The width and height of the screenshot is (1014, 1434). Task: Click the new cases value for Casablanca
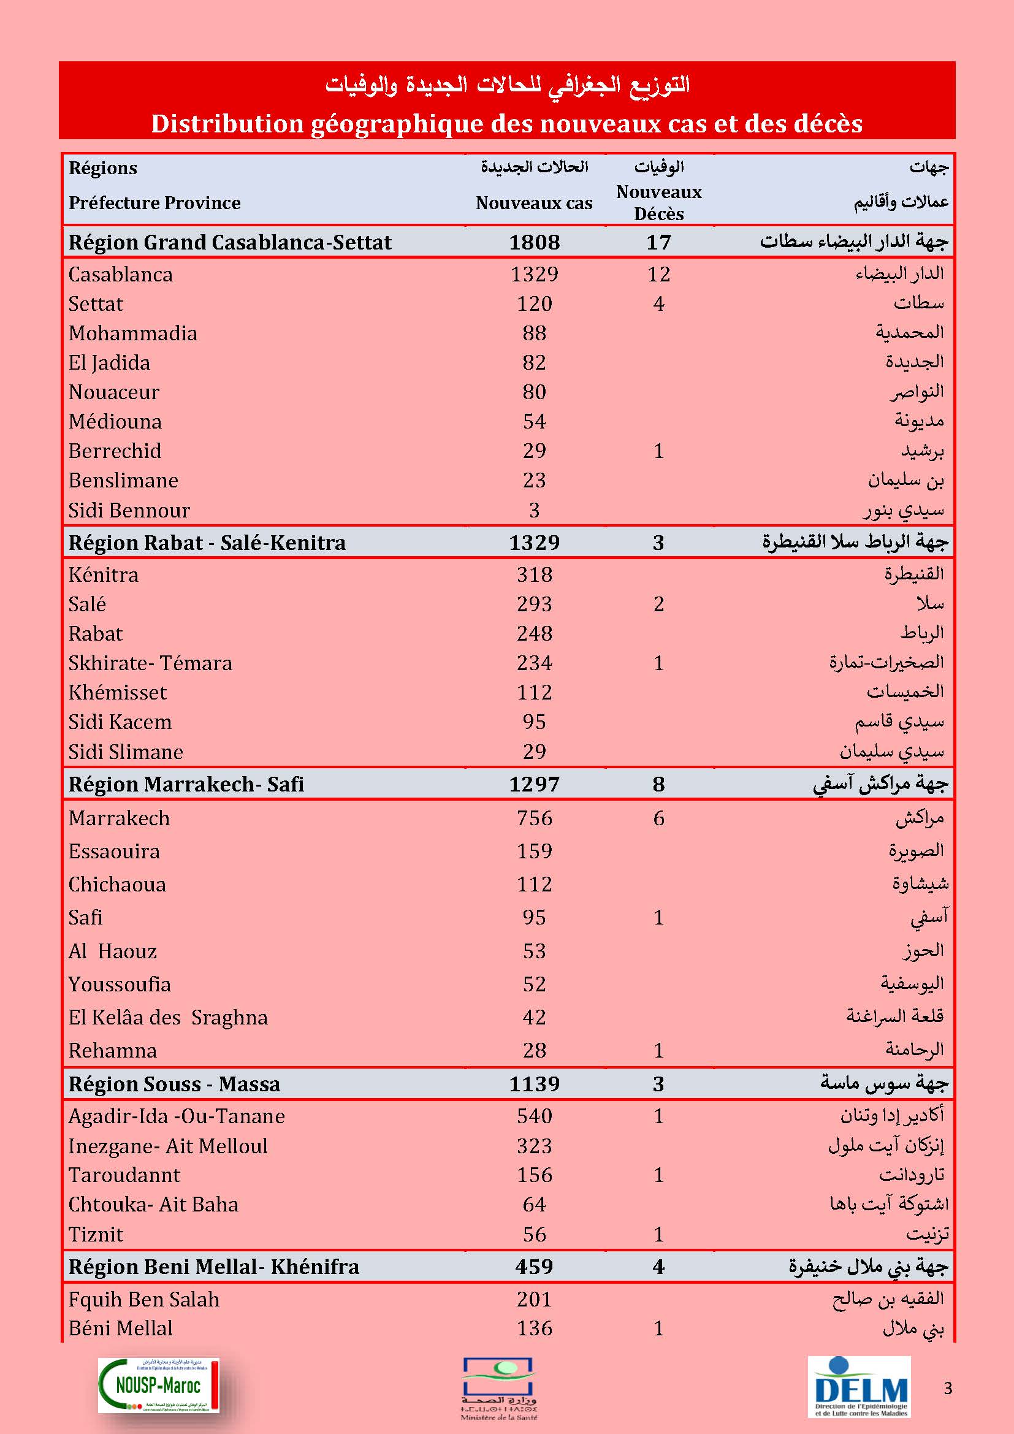click(x=534, y=274)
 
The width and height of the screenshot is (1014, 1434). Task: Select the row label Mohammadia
click(x=133, y=333)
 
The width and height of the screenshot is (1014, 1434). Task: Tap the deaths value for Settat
click(x=658, y=303)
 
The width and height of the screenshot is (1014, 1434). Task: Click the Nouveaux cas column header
click(x=534, y=203)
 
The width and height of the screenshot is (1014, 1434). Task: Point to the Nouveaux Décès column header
click(x=658, y=202)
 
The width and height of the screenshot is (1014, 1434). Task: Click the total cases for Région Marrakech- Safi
click(x=534, y=784)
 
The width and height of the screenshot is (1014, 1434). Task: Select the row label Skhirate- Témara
click(x=150, y=663)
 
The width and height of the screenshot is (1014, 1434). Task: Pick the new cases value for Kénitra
click(x=534, y=574)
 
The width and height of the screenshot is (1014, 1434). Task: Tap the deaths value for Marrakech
click(x=658, y=818)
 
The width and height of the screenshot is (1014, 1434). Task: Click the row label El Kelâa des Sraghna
click(x=168, y=1018)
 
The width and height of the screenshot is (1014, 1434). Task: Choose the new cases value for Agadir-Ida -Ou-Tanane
click(x=534, y=1116)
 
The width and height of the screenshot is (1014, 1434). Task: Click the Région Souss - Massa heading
click(x=174, y=1085)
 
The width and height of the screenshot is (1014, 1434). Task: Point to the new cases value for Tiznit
click(x=534, y=1234)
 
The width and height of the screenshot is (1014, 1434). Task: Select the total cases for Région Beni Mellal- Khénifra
click(x=534, y=1267)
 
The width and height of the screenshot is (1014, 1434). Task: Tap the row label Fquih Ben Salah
click(x=144, y=1300)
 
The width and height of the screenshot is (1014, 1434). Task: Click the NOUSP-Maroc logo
click(x=159, y=1386)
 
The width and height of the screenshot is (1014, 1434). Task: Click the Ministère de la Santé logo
click(x=499, y=1388)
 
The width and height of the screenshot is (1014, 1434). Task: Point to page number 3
click(x=948, y=1389)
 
